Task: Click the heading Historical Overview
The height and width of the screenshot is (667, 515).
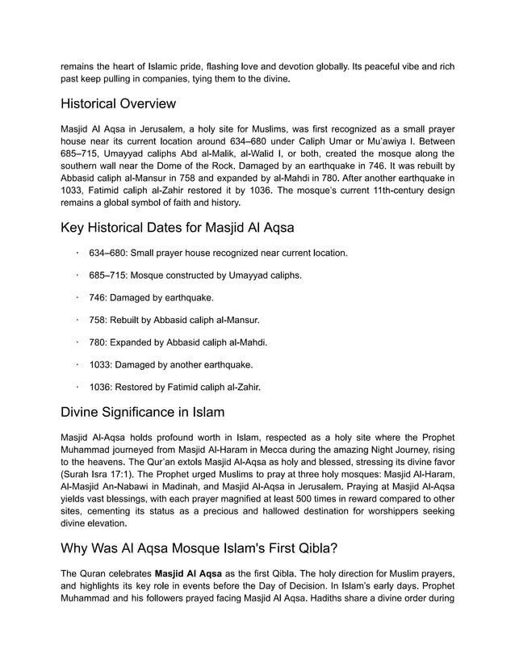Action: [x=118, y=104]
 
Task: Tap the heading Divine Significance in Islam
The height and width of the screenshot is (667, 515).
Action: [x=142, y=412]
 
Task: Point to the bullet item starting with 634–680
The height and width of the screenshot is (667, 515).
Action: [x=218, y=254]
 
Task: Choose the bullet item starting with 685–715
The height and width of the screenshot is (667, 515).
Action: [x=195, y=275]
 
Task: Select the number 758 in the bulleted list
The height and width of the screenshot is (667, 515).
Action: [x=98, y=321]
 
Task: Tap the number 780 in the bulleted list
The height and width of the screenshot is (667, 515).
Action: [x=98, y=342]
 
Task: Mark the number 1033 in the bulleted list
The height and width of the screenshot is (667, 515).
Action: [x=101, y=365]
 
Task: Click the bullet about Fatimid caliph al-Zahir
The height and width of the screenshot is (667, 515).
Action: [x=175, y=388]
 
